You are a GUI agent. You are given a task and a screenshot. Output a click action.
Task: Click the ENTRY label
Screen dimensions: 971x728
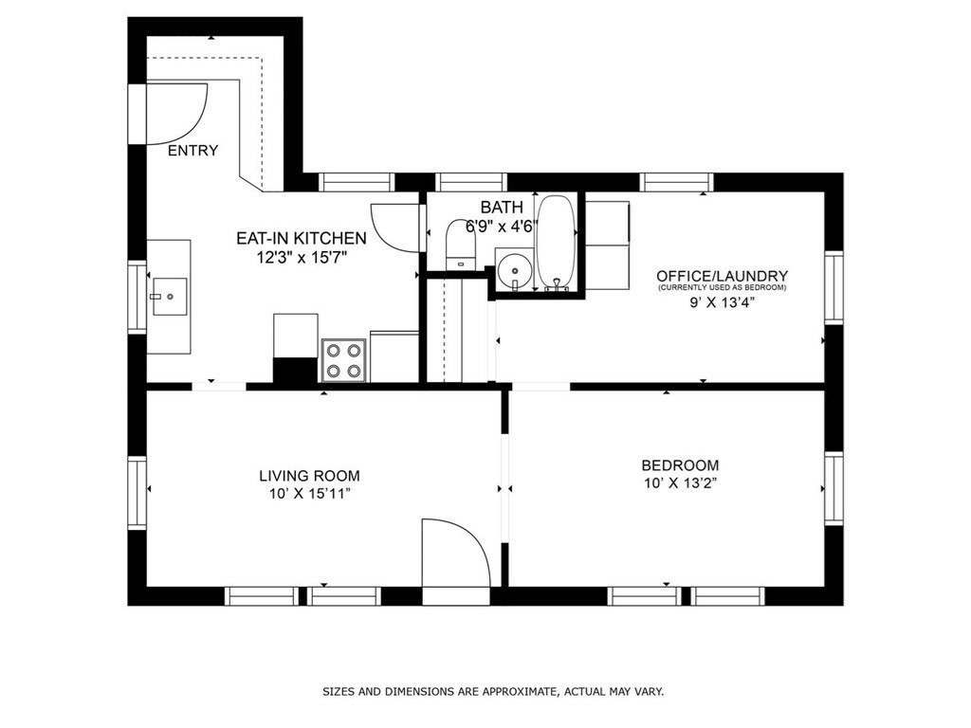(x=193, y=151)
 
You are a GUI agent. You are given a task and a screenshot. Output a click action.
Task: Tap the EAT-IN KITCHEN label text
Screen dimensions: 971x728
(x=302, y=238)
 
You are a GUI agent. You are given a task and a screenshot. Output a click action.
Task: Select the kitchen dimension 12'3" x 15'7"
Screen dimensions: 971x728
(x=302, y=257)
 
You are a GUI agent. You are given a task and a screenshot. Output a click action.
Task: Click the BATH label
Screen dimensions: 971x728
(x=502, y=207)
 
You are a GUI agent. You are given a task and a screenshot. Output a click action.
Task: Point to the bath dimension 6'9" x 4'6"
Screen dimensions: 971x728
(x=502, y=226)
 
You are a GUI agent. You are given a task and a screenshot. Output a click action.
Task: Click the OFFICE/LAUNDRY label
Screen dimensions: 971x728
(x=722, y=276)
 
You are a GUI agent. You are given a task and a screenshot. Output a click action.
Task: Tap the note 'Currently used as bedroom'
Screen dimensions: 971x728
(x=722, y=288)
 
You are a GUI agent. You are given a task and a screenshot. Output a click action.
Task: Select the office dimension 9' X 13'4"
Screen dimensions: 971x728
(x=722, y=303)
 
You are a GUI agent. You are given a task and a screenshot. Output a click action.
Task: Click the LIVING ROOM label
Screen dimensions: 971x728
(x=310, y=476)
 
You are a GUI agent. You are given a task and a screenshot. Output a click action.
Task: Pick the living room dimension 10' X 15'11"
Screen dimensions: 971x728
(x=310, y=494)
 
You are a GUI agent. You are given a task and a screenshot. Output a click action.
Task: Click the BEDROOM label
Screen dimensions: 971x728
(x=680, y=465)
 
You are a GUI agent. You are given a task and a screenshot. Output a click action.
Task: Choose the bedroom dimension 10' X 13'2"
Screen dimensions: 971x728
(x=680, y=483)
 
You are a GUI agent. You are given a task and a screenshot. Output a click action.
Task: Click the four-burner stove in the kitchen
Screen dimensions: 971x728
(x=343, y=360)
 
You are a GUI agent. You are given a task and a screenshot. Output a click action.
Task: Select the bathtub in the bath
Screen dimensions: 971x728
(x=556, y=243)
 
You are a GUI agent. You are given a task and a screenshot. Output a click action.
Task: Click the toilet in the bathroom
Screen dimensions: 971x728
(x=461, y=244)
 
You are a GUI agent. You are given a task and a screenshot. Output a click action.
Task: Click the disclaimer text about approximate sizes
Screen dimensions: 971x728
(x=493, y=691)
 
